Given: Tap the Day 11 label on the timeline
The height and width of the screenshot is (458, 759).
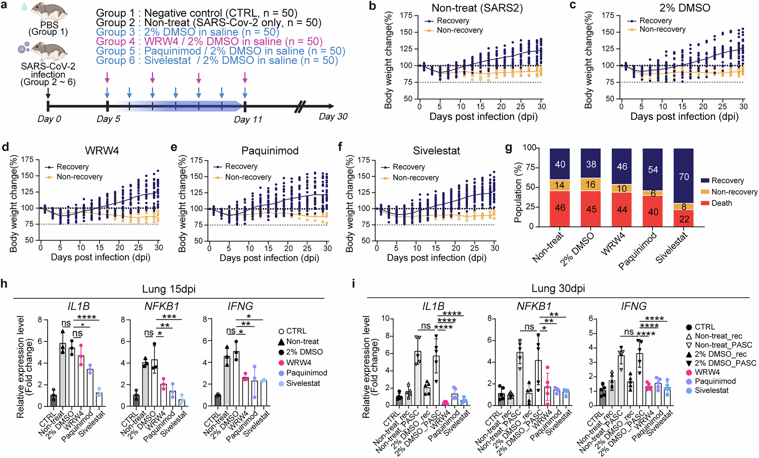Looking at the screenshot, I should coord(248,119).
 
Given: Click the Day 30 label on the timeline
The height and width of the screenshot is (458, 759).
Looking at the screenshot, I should coord(333,116).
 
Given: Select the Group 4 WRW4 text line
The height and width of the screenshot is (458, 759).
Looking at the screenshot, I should coord(209,41).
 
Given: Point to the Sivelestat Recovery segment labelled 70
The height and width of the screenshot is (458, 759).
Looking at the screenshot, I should coord(683,176).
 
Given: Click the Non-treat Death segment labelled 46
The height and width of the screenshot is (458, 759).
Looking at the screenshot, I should coord(560,208).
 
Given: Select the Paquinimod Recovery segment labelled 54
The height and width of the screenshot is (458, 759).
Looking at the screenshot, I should coord(653,169).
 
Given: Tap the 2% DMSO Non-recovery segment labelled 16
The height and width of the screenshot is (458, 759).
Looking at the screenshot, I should coord(591,184).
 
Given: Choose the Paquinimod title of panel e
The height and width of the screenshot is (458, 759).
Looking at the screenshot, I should coord(270,151).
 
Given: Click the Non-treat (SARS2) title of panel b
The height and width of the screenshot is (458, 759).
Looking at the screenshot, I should coord(477,8).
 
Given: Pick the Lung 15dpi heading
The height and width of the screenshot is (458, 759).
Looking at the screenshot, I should coord(169,289).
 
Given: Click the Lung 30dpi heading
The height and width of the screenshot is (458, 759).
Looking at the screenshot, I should coord(558,288).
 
